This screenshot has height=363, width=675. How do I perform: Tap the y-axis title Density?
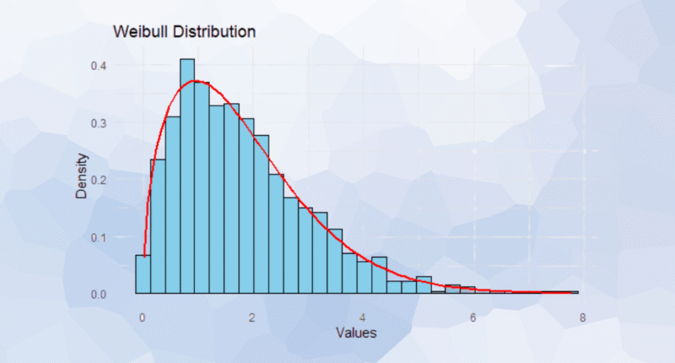[82, 178]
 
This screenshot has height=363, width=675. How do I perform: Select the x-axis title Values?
[355, 333]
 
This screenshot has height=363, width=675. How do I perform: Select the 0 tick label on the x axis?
[143, 317]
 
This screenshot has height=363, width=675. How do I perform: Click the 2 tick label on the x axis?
[252, 317]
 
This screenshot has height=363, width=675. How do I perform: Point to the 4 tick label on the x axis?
[363, 317]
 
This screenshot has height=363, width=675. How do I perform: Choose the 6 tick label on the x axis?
[472, 317]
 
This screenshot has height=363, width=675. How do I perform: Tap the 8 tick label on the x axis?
[582, 317]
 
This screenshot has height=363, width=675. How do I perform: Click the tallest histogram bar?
[187, 177]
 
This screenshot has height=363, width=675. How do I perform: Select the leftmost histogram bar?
[143, 275]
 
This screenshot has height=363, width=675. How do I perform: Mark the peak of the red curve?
[196, 81]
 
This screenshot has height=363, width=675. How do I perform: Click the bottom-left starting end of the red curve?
[145, 255]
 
